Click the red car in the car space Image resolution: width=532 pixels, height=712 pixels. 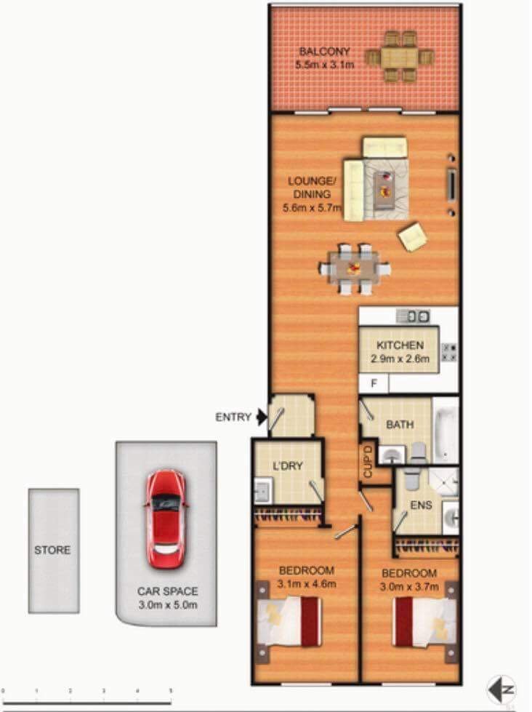(166, 519)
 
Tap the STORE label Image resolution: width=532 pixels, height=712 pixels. (52, 550)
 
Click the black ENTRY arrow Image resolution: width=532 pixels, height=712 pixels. (262, 417)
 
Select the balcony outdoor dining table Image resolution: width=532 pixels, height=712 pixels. (400, 57)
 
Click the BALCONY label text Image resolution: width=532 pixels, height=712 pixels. (325, 52)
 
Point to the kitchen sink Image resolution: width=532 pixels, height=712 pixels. (412, 316)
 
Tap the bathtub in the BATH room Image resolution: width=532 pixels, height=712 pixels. (446, 431)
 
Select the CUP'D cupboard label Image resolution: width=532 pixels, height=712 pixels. (368, 461)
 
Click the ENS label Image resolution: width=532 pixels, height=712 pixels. (421, 505)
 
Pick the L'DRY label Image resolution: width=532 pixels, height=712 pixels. (287, 466)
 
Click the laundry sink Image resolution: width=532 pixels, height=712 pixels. (263, 491)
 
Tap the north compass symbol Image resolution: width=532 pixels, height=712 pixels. (502, 689)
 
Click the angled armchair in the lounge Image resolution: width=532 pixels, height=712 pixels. (413, 236)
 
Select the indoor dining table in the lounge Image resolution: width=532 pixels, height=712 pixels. (354, 269)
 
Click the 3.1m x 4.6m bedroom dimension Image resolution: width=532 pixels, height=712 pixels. (307, 584)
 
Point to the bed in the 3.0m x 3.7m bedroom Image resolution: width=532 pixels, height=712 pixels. (424, 622)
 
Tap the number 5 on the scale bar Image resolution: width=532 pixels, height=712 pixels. (171, 691)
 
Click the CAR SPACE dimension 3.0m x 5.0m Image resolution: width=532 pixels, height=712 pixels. (167, 605)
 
